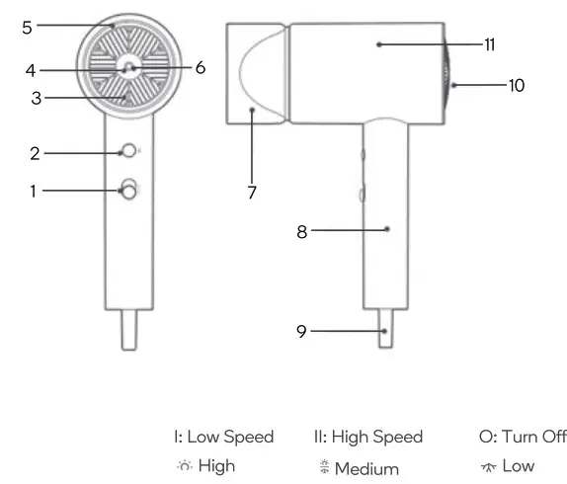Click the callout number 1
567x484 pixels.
point(33,192)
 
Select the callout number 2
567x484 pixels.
point(34,153)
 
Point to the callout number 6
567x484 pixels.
point(200,68)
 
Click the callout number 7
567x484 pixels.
point(252,193)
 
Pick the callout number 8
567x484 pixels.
point(302,232)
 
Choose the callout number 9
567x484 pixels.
point(302,332)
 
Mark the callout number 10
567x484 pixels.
point(516,86)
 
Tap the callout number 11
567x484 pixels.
point(490,44)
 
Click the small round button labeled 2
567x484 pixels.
point(127,152)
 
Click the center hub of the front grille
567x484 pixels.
point(127,68)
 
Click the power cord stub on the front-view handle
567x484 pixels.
point(128,330)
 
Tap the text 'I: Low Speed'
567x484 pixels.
point(223,437)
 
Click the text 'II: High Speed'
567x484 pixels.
point(367,437)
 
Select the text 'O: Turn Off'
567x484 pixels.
point(523,437)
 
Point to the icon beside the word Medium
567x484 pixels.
point(324,468)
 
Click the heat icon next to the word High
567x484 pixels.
point(183,466)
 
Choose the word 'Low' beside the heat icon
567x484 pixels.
point(518,466)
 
